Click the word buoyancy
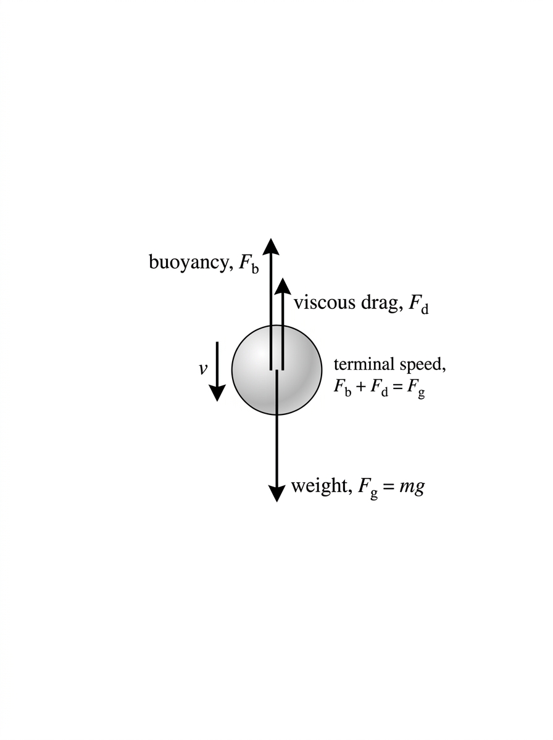click(188, 262)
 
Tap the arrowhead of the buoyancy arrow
click(271, 247)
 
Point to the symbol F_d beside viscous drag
click(418, 305)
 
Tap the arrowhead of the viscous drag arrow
click(283, 287)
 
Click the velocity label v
click(202, 369)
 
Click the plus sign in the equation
click(360, 387)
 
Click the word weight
click(319, 486)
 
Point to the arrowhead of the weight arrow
click(276, 493)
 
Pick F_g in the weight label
click(368, 488)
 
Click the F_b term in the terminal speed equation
click(343, 387)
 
